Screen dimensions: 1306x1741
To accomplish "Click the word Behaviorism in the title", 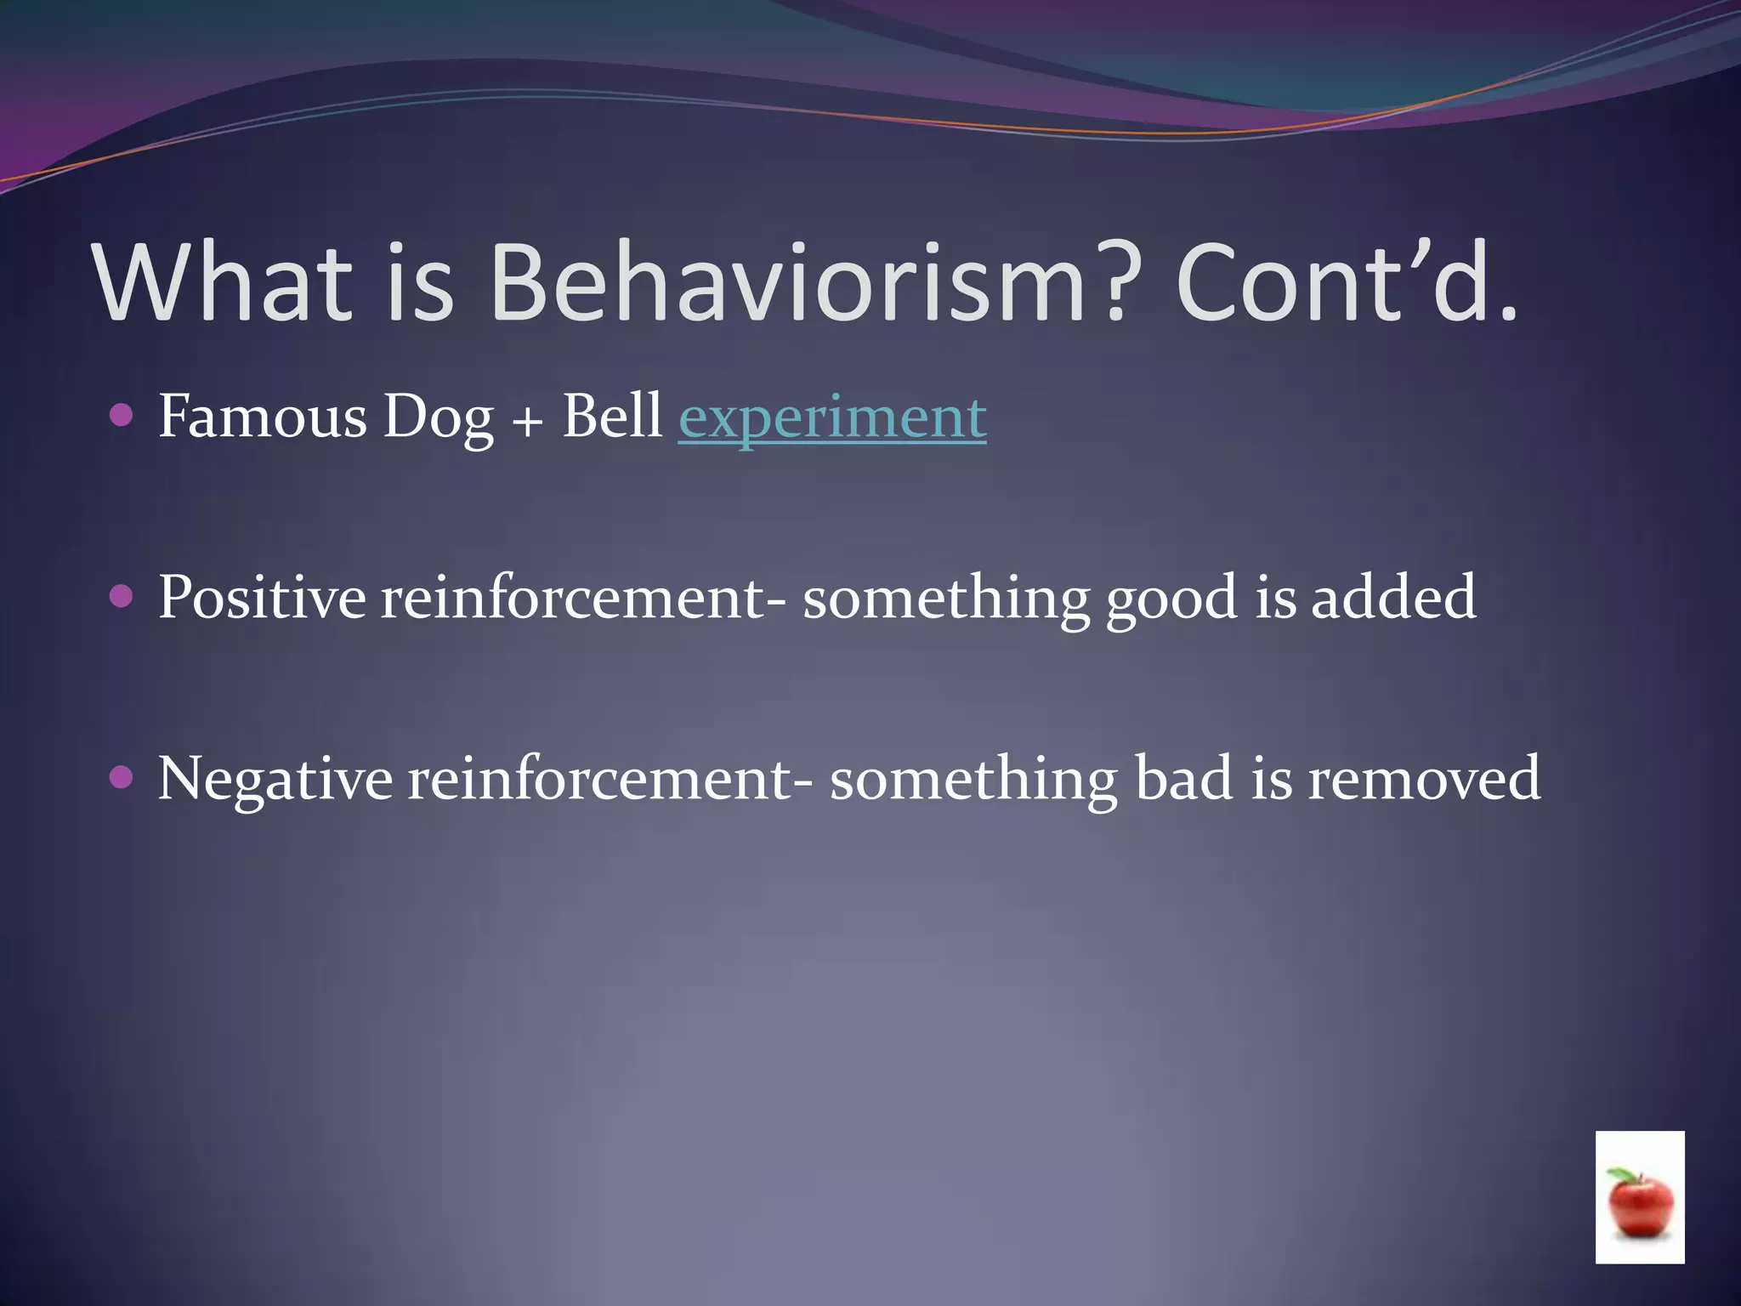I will coord(786,282).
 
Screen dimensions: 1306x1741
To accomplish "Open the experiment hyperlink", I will coord(832,418).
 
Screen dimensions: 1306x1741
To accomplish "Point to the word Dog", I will coord(438,418).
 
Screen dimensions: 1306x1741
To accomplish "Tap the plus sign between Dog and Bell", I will coord(528,421).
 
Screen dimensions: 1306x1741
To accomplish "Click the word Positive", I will coord(262,597).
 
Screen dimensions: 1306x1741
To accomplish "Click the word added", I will coord(1393,597).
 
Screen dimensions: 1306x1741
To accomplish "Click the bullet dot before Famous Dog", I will coord(122,415).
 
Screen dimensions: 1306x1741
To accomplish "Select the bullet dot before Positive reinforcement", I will coord(122,596).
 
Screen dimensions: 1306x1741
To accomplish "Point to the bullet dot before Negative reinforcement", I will coord(122,777).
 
